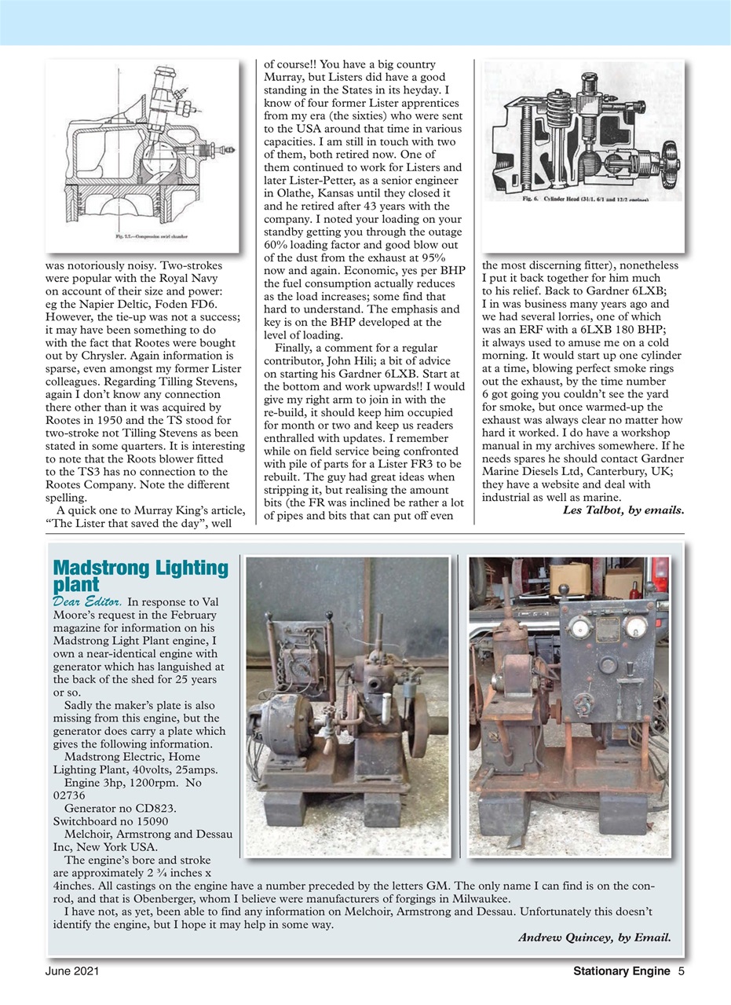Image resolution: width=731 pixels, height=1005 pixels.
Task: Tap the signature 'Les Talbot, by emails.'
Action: [623, 510]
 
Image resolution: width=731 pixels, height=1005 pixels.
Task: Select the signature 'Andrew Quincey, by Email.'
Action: [594, 937]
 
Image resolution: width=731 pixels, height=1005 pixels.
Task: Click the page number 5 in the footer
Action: [682, 970]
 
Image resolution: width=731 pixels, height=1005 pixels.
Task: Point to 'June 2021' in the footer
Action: [71, 970]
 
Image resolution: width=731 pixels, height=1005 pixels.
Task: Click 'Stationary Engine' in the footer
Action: [622, 970]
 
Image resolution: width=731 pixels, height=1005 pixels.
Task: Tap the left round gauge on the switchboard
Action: [578, 627]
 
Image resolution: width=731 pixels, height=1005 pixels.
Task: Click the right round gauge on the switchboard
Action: [637, 627]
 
